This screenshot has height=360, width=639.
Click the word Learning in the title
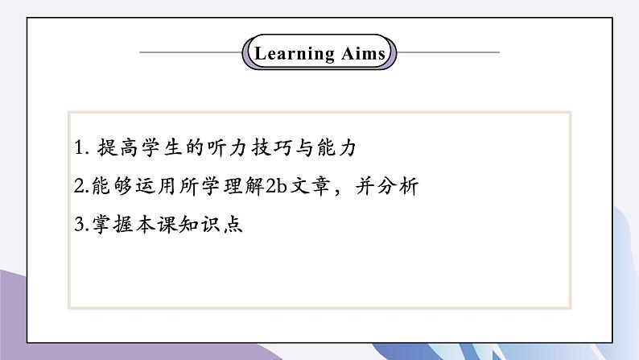294,54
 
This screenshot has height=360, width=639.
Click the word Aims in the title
360,54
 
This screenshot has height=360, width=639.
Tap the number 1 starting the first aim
77,149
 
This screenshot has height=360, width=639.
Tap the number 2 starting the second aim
77,187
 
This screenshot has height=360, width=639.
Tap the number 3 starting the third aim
77,225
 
